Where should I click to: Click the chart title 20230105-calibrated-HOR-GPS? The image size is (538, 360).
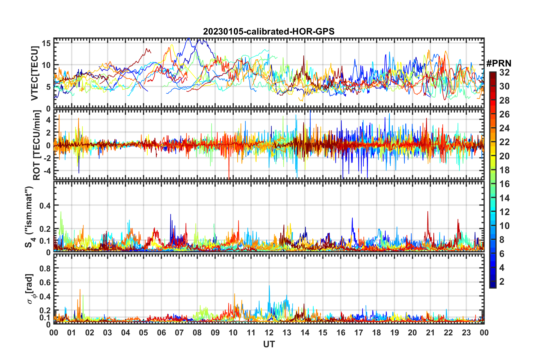[269, 31]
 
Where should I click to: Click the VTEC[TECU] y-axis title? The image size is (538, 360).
[35, 73]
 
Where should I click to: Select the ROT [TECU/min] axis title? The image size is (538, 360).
[37, 145]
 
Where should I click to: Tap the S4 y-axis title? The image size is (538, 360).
[29, 217]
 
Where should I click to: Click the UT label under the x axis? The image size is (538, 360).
[269, 344]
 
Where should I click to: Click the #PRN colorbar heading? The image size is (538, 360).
[499, 63]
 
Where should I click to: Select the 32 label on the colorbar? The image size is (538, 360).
[504, 72]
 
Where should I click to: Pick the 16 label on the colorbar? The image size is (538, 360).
[504, 184]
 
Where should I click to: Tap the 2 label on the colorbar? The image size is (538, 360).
[502, 281]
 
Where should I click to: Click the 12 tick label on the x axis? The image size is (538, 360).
[269, 333]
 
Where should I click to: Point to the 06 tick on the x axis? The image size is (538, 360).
[161, 333]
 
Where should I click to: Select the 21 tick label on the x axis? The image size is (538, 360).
[430, 333]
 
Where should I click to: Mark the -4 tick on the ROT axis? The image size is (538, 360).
[47, 171]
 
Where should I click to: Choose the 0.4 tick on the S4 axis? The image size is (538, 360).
[45, 205]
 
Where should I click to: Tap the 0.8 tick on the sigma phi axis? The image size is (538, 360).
[45, 268]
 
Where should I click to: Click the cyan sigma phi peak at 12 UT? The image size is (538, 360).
[269, 286]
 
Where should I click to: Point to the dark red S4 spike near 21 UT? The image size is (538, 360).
[427, 212]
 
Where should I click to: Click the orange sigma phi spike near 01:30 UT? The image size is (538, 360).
[80, 290]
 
